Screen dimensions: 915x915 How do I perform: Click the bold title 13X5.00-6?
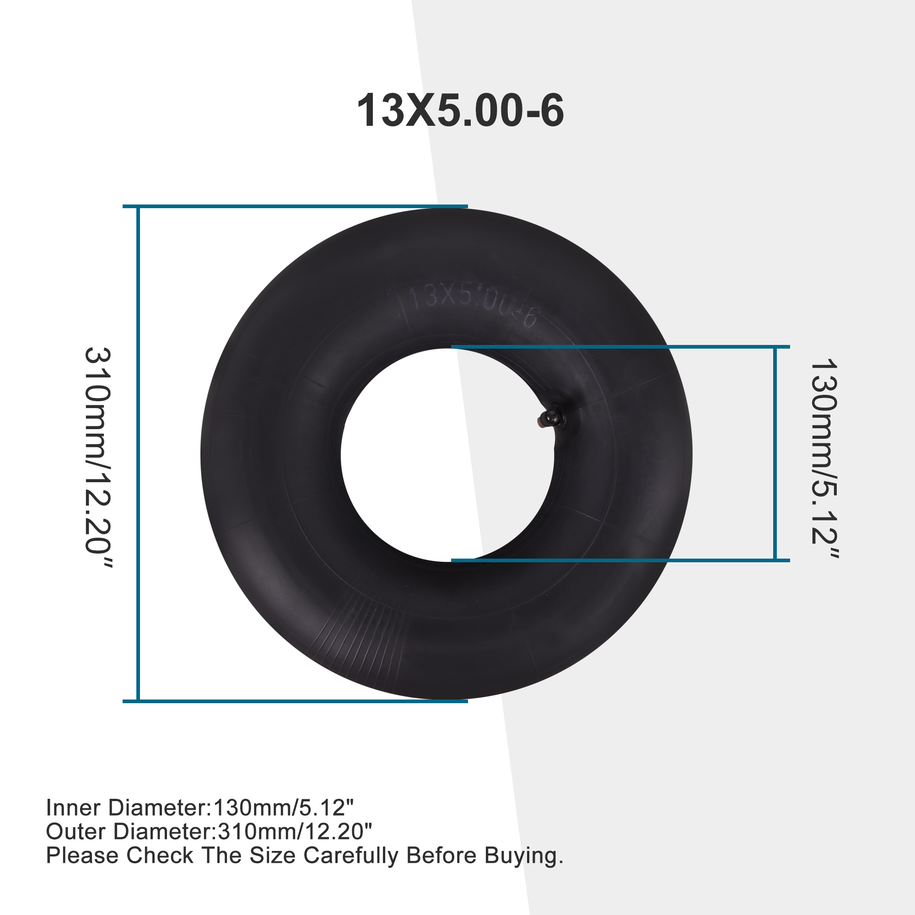[460, 111]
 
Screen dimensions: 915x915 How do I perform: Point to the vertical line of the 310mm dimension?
[138, 454]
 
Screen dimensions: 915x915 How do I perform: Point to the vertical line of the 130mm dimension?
[775, 454]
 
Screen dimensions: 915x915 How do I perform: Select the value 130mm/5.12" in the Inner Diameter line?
[284, 808]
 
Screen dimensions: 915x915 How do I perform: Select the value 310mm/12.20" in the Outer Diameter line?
[294, 832]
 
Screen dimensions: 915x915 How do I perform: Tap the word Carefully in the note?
[351, 856]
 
